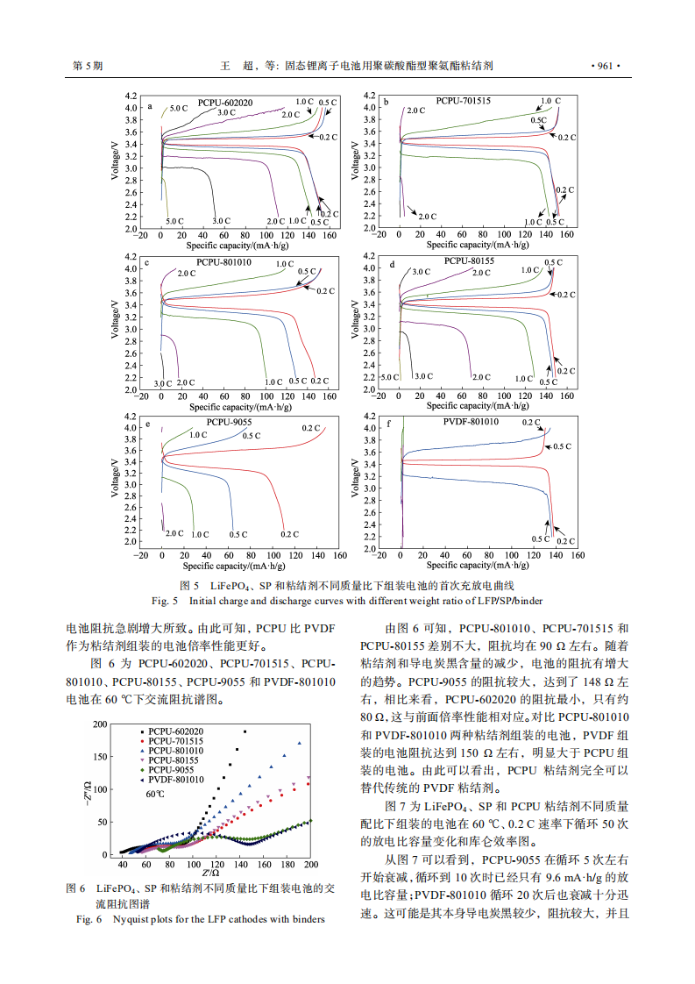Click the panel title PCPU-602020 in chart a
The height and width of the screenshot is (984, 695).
[x=224, y=103]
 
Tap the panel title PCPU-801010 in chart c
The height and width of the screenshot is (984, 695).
[x=223, y=261]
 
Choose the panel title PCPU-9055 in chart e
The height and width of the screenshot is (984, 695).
[x=229, y=422]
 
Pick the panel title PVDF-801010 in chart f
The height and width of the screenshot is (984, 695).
[x=471, y=422]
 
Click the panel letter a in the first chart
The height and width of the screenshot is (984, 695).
[x=150, y=107]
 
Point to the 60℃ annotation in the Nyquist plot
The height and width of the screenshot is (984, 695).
[x=156, y=794]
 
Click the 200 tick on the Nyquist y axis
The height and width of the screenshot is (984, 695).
[x=101, y=724]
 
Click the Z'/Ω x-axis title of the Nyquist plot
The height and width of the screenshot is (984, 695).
[x=210, y=873]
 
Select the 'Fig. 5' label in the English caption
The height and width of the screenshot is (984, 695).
[x=164, y=601]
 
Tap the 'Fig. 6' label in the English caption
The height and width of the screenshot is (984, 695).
[x=89, y=919]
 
